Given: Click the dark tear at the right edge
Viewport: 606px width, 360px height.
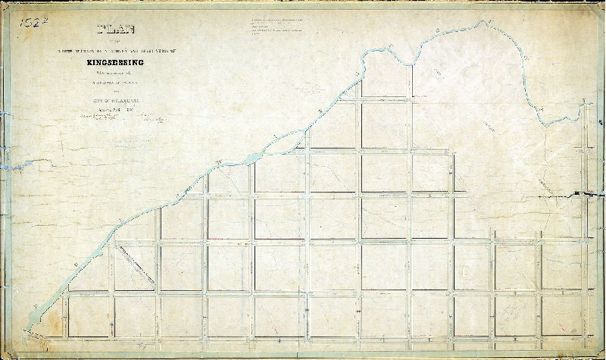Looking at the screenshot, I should [x=583, y=195].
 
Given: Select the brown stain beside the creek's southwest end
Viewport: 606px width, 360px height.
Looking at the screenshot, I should [x=23, y=333].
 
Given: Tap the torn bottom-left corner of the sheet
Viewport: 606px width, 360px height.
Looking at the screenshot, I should [x=6, y=353].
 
